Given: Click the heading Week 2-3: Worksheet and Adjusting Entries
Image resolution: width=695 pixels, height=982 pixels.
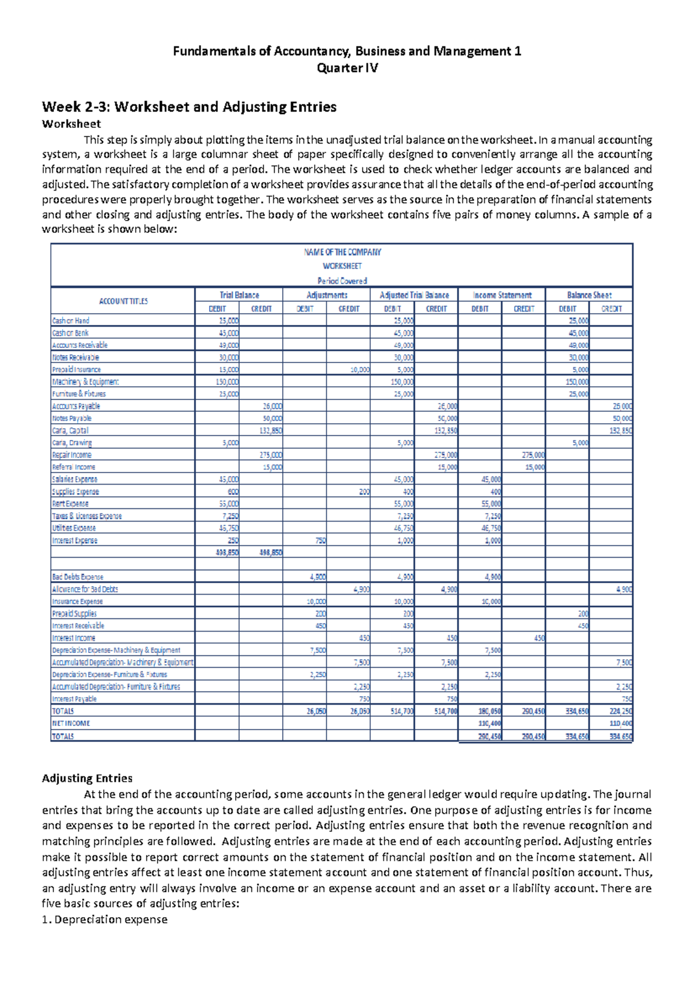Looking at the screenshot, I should [189, 107].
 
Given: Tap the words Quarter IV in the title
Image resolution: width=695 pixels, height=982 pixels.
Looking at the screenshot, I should [347, 68].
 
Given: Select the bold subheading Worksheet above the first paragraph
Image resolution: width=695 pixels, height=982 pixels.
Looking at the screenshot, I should [71, 124].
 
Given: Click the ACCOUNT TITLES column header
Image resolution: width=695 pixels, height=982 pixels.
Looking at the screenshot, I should [123, 301].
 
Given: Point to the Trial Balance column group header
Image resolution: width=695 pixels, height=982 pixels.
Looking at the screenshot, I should [239, 295].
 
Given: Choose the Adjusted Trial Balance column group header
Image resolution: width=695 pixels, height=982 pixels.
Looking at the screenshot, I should [414, 295].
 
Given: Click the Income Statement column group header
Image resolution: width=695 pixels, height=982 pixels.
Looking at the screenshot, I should [502, 295].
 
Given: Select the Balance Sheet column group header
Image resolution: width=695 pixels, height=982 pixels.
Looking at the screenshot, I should [589, 295].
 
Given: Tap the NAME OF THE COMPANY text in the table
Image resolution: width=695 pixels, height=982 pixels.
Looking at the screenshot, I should [342, 252].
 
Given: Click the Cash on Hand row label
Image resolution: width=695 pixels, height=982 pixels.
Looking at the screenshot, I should [71, 320].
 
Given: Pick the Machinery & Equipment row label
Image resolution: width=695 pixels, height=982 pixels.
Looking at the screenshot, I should [85, 382].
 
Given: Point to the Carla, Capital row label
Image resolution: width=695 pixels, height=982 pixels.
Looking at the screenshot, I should [70, 431].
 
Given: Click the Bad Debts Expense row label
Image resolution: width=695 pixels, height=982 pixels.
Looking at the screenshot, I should [78, 577].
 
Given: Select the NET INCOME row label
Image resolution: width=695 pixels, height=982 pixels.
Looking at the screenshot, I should [71, 723].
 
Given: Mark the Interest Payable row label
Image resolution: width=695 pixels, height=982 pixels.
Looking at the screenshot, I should [74, 699].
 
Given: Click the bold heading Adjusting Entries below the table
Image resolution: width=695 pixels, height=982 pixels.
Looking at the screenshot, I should [87, 778].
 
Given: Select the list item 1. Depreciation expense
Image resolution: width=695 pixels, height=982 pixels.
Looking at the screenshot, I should [105, 919].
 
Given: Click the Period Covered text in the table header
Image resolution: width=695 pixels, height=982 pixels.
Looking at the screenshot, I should [342, 281].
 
